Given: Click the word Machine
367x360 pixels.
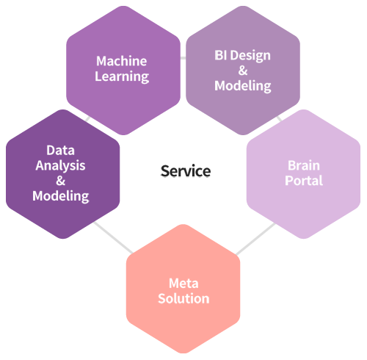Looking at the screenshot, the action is [x=122, y=61].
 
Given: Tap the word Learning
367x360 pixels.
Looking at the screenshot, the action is [x=122, y=76].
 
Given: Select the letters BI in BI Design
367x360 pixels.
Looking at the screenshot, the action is [x=221, y=55].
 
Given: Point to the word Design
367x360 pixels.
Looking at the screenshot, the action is [x=250, y=56].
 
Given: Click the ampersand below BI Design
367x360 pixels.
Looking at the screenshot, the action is [x=243, y=71].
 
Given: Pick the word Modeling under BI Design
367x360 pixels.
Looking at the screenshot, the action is [x=243, y=86].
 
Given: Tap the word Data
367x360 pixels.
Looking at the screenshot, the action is [x=60, y=150].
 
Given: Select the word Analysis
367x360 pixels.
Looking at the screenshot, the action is [x=60, y=166].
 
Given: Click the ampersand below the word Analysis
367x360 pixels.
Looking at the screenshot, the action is [x=60, y=181].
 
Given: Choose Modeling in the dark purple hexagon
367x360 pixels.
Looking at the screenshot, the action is [x=61, y=196].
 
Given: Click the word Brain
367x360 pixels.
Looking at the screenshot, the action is [x=304, y=165].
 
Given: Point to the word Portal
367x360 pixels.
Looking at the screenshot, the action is [x=304, y=181].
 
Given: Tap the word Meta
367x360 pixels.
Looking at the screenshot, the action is [x=183, y=284].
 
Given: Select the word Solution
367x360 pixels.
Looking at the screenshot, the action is [x=183, y=298].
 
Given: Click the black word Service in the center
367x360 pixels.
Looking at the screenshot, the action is [x=186, y=171].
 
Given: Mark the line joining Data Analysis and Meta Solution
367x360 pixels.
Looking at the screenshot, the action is [x=113, y=237].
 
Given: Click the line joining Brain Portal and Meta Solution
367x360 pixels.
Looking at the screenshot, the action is [x=255, y=239].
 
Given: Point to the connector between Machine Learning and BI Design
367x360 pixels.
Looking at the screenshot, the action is [x=183, y=58].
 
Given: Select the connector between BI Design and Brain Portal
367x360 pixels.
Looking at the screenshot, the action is [x=279, y=118].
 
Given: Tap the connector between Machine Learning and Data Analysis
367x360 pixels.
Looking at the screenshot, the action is [x=87, y=118].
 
